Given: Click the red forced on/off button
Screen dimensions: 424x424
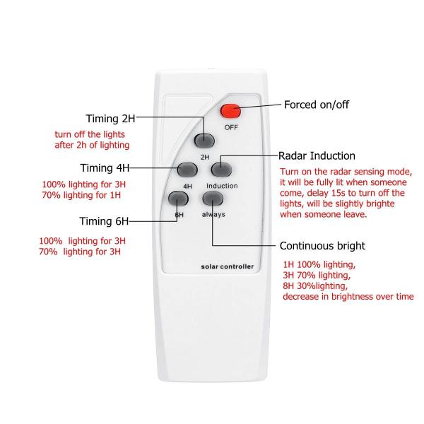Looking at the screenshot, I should point(230,110).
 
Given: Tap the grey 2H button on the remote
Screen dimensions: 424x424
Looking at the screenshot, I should point(205,140).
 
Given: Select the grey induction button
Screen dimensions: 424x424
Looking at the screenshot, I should point(222,169).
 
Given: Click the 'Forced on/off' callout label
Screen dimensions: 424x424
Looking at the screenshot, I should point(317,105).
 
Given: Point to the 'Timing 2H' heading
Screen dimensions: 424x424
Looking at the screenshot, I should point(110,118).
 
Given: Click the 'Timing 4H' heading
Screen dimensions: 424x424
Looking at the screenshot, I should point(104,168).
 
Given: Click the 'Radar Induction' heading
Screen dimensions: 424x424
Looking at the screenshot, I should point(317,155).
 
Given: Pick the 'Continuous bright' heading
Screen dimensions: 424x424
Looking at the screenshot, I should point(322,247).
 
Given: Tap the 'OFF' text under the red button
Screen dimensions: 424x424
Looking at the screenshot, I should point(230,127).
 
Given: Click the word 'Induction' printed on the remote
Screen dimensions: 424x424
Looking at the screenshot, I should point(222,186).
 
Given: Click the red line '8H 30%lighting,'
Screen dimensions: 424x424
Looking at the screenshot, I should point(315,286).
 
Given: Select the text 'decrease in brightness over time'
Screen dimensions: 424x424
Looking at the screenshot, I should point(347,298).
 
